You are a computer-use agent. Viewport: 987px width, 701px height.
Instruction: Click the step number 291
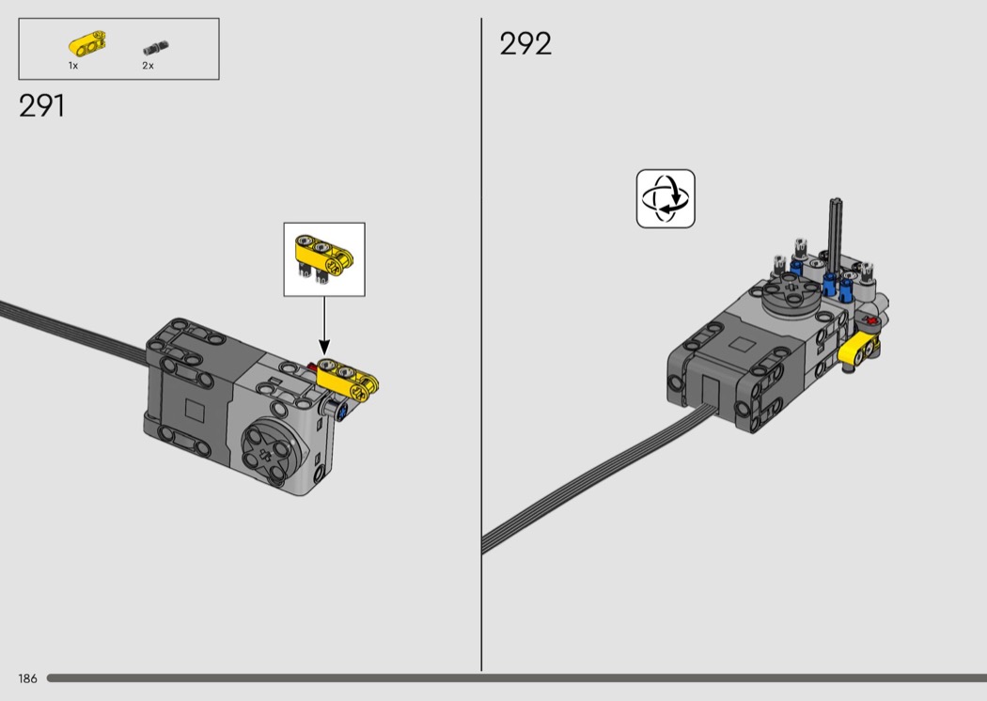[x=41, y=106]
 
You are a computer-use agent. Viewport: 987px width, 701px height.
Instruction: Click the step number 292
[x=525, y=44]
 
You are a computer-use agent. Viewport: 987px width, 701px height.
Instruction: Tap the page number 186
[x=27, y=678]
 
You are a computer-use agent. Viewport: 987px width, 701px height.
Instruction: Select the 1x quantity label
[x=73, y=66]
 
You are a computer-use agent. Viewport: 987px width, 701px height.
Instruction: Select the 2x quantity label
[x=148, y=66]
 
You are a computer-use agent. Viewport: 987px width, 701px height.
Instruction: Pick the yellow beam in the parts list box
[x=86, y=44]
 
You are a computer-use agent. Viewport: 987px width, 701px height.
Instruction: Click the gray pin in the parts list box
[x=155, y=48]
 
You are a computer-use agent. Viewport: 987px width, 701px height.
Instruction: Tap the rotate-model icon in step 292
[x=666, y=199]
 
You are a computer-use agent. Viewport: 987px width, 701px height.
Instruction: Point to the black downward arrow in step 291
[x=324, y=325]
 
